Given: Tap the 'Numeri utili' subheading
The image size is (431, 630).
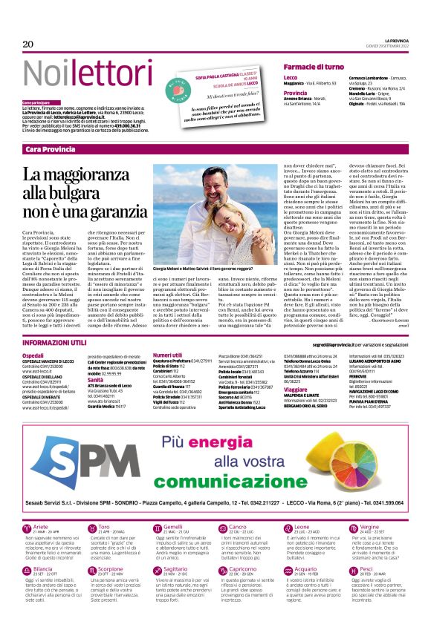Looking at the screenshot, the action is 167,355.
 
